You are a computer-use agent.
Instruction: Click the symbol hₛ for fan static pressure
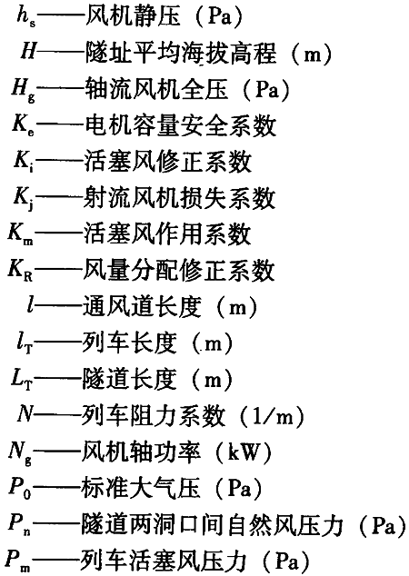(x=26, y=17)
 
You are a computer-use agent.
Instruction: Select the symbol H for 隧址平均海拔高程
(x=28, y=52)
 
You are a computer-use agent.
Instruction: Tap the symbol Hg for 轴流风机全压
(x=24, y=90)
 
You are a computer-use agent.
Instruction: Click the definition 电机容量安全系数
(x=181, y=125)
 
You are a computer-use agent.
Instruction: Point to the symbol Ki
(x=25, y=162)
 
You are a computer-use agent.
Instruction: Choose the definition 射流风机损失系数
(x=179, y=198)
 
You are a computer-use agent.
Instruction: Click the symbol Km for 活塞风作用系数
(x=21, y=234)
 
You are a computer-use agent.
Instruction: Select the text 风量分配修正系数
(x=178, y=270)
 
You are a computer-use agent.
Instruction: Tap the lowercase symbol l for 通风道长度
(x=30, y=305)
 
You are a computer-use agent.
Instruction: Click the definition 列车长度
(x=129, y=343)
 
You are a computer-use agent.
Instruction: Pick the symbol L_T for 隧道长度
(x=21, y=380)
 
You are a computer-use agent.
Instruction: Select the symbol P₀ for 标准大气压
(x=20, y=489)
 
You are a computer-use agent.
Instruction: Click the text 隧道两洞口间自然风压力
(x=211, y=524)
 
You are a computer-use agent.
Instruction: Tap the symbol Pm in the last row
(x=19, y=561)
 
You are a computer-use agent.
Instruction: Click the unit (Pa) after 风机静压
(x=219, y=17)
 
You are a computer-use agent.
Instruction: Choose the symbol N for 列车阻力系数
(x=25, y=415)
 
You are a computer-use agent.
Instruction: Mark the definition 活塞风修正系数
(x=168, y=162)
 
